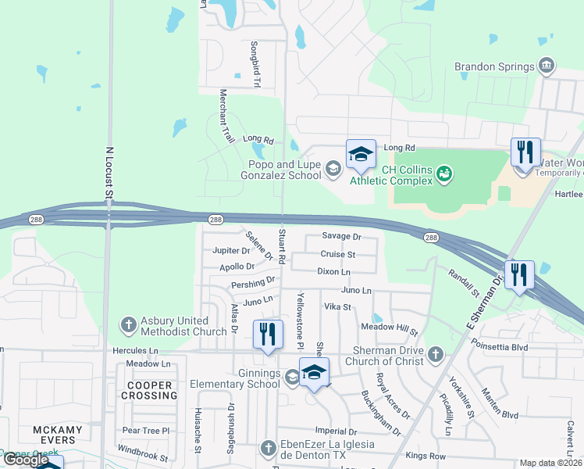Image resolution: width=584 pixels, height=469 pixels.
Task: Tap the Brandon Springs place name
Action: [495, 66]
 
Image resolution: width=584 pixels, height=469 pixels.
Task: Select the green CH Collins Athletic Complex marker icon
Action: [444, 173]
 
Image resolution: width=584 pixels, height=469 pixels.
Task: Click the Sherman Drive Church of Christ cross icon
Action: [436, 355]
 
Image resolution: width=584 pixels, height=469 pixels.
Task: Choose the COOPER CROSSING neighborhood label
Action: [149, 390]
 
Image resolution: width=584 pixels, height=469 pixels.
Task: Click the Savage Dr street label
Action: [341, 236]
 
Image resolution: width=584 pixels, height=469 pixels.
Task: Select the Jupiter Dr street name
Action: [231, 251]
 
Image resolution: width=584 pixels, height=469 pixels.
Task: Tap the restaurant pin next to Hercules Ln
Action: [267, 334]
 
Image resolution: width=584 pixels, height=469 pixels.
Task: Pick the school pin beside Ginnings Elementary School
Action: [314, 373]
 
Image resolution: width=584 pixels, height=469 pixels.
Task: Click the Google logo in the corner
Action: [26, 460]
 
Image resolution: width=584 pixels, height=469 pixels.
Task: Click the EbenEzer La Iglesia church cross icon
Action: [268, 448]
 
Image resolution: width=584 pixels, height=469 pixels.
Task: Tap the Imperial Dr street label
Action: [336, 431]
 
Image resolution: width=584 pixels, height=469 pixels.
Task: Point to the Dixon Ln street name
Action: [333, 271]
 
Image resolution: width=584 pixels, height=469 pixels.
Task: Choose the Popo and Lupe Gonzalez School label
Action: [284, 170]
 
